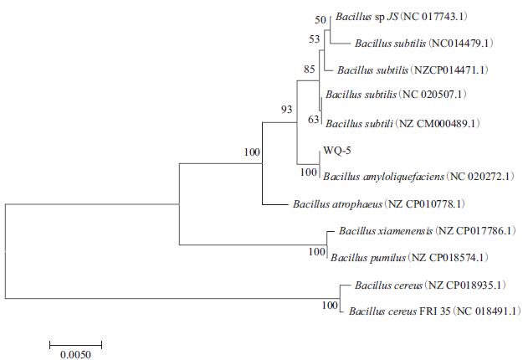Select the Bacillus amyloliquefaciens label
pyautogui.click(x=384, y=177)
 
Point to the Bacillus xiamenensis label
pyautogui.click(x=385, y=230)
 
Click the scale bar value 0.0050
pyautogui.click(x=74, y=353)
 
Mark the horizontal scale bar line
pyautogui.click(x=75, y=342)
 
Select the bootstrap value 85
pyautogui.click(x=309, y=68)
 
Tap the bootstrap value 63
pyautogui.click(x=314, y=119)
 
